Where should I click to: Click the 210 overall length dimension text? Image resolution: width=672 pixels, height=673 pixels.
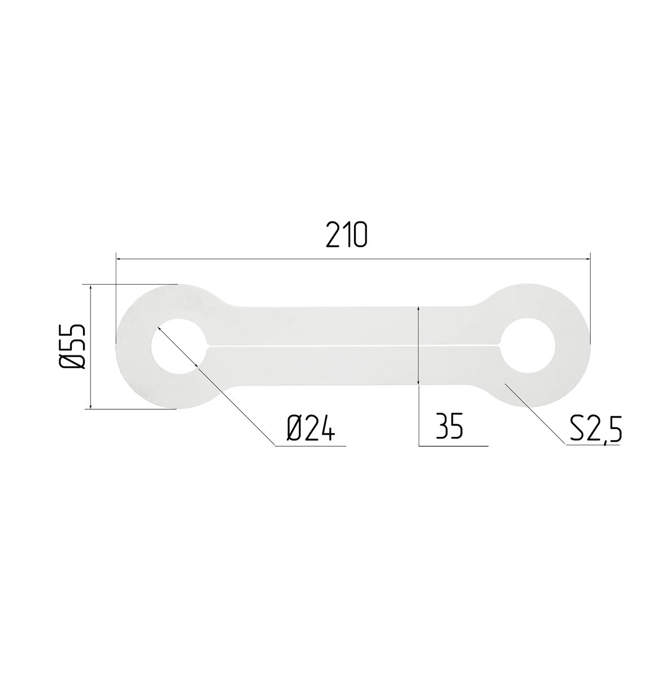[x=347, y=235]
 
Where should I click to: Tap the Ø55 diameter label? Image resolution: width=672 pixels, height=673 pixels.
[x=72, y=347]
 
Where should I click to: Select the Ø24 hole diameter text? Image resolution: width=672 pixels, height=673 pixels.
[x=311, y=427]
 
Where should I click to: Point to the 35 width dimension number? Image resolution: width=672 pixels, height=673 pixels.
[x=450, y=425]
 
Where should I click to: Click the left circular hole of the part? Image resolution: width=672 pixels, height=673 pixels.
[x=179, y=346]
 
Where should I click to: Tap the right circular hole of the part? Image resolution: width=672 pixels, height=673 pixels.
[x=527, y=346]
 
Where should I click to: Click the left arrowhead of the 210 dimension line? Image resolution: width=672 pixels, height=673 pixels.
[x=120, y=259]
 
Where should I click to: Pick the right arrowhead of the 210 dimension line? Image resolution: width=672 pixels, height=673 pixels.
[x=587, y=259]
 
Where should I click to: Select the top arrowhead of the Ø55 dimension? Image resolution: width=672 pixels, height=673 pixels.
[x=90, y=288]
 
